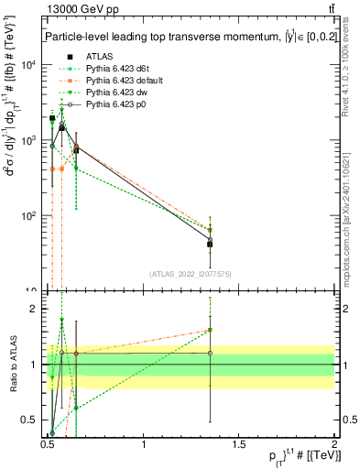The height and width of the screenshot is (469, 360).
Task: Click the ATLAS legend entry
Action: [99, 56]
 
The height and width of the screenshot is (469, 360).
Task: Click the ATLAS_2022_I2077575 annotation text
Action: [191, 273]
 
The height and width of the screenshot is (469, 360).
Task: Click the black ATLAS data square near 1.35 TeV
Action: [211, 245]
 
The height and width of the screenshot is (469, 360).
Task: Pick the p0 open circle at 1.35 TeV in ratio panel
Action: [211, 353]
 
